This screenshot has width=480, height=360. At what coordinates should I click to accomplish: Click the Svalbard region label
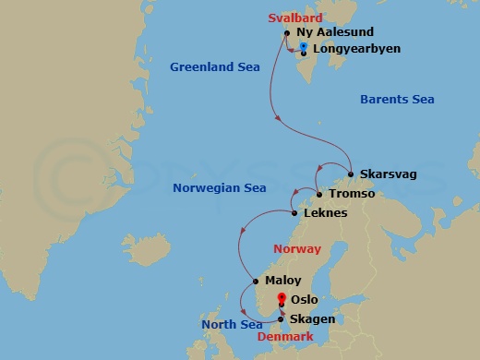coord(295,18)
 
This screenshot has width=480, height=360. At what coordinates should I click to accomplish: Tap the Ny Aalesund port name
coord(335,32)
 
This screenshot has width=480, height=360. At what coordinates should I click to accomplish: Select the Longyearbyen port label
coord(356,48)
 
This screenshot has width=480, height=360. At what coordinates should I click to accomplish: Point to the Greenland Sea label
coord(215,66)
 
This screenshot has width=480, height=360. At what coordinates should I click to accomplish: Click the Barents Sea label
coord(396,100)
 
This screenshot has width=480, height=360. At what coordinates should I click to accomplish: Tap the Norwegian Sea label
coord(220,188)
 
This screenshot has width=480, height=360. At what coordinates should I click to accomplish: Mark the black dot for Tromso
coord(318,195)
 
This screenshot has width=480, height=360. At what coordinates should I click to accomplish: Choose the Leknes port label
coord(325,213)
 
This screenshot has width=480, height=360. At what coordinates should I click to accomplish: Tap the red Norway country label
coord(297,249)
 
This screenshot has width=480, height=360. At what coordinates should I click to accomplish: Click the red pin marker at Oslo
coord(282,298)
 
